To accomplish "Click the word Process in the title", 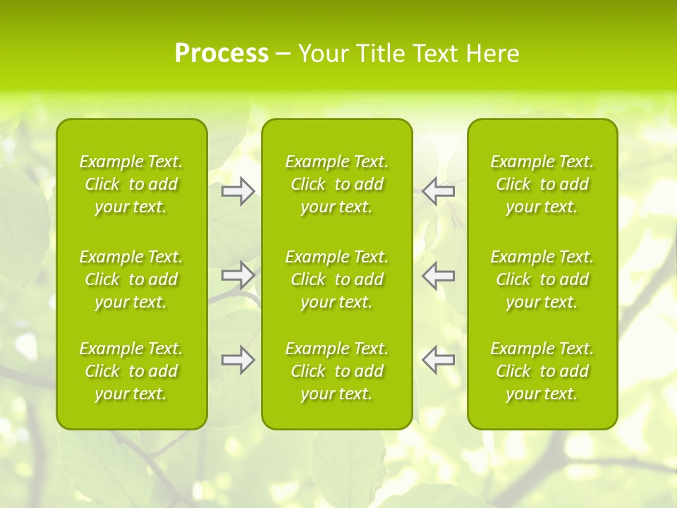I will pos(221,54).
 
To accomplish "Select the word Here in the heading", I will pos(492,54).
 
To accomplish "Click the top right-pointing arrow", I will pos(238,191).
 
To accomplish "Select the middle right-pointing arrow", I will pos(238,275).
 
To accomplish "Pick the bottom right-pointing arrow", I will pos(238,359).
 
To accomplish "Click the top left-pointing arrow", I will pos(438,191).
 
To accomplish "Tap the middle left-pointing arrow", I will pos(438,275).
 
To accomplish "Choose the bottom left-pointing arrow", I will pos(438,359).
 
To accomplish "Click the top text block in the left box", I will pos(131,184).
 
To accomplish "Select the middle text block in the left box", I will pos(131,279).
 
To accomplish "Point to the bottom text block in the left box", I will pos(131,371).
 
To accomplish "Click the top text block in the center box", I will pos(337,184).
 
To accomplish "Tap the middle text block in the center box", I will pos(337,279).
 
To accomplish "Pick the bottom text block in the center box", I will pos(337,371).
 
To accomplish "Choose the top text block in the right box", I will pos(542,184).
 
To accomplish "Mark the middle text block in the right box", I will pos(542,279).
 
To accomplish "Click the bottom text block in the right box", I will pos(542,371).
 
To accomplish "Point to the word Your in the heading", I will pos(322,54).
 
